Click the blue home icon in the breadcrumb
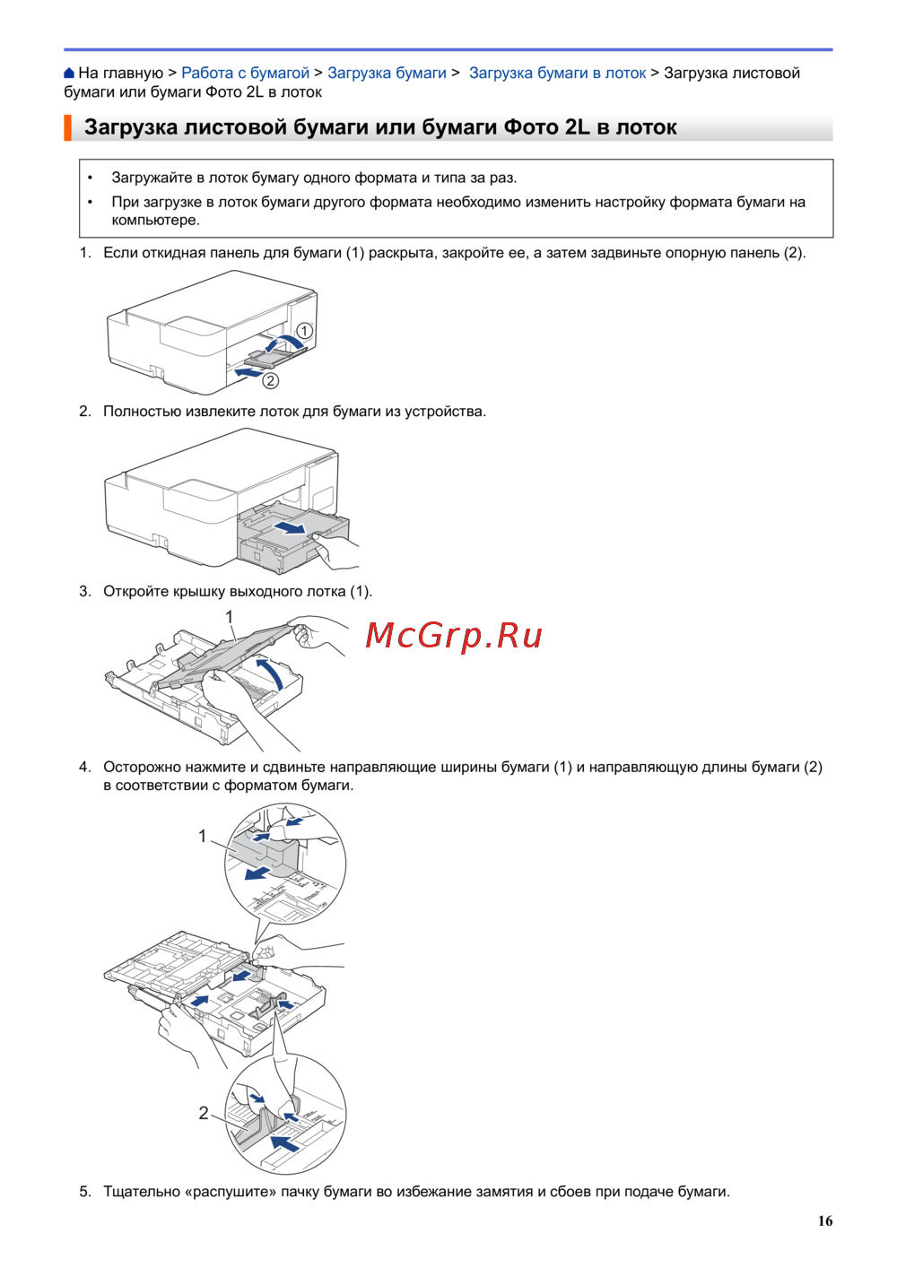tap(69, 73)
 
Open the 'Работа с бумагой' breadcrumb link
tap(245, 73)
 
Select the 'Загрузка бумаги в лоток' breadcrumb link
tap(557, 73)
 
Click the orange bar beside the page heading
tap(67, 127)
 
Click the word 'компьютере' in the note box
tap(156, 221)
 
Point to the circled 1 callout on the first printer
tap(304, 331)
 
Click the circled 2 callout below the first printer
tap(271, 380)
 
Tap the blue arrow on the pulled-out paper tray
tap(289, 528)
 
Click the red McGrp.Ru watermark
tap(454, 636)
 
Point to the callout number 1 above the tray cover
tap(230, 617)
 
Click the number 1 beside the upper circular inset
tap(202, 836)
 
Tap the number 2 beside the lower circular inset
tap(204, 1114)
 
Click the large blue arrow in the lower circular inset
tap(285, 1142)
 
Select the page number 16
tap(825, 1221)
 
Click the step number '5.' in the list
tap(85, 1192)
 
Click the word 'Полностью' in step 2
tap(141, 412)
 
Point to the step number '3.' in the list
tap(85, 592)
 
